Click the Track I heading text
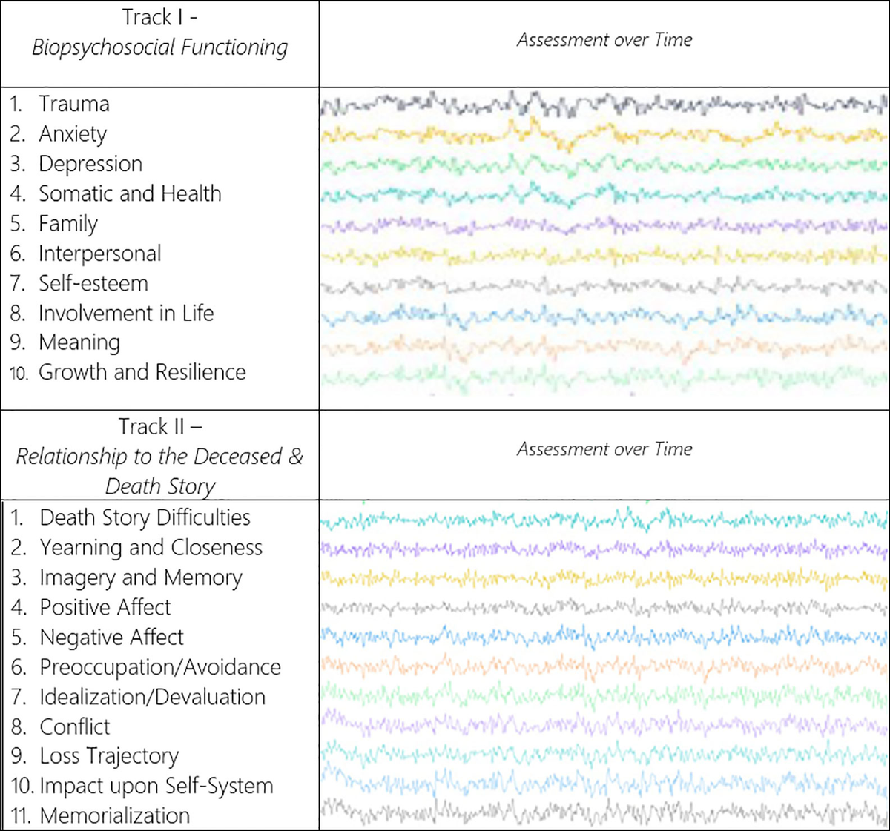pos(159,17)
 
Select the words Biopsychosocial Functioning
pos(159,48)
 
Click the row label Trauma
pos(74,104)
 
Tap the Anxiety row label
pos(73,134)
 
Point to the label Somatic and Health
pos(130,193)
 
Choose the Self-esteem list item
pos(93,283)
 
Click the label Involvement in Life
pos(126,313)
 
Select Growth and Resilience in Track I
pos(142,372)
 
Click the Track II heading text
pos(159,427)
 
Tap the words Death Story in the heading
pos(160,486)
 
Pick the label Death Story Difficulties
pos(145,517)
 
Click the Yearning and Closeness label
pos(151,548)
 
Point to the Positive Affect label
pos(105,607)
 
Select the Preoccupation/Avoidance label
pos(160,667)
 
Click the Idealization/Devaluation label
pos(152,697)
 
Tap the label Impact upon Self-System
pos(156,786)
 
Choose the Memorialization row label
pos(115,815)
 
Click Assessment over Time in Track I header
pos(604,40)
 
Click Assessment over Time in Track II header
pos(604,449)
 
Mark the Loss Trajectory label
pos(109,756)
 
